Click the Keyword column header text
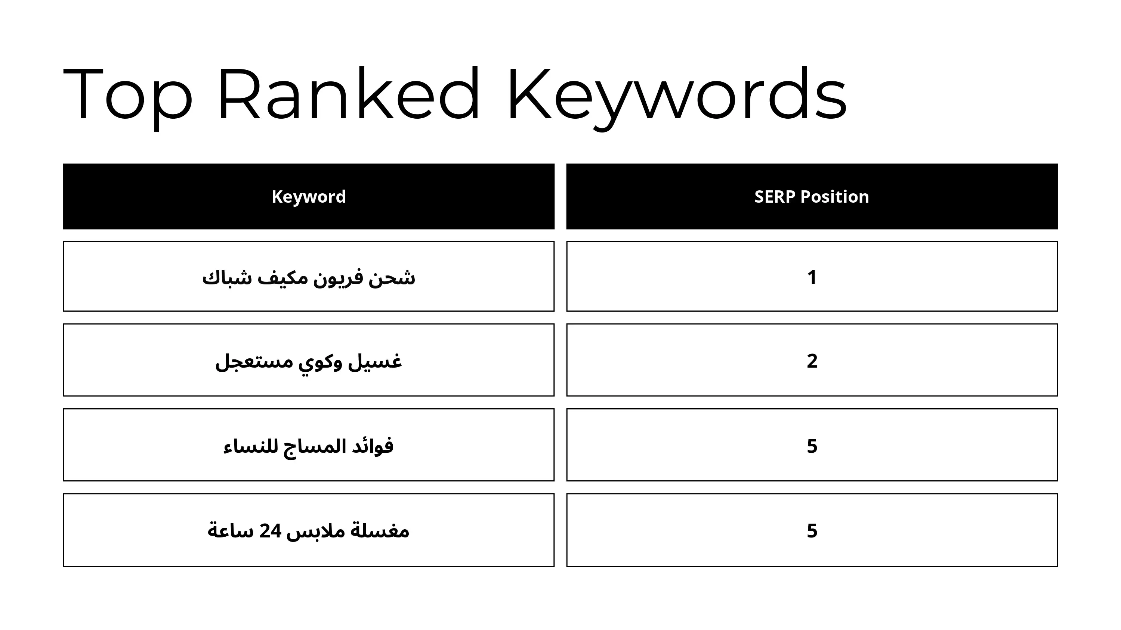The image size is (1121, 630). point(309,197)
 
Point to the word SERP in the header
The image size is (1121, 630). point(774,197)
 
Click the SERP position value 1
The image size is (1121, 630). point(812,277)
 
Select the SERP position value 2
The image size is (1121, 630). point(812,361)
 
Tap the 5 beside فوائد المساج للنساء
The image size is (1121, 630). point(812,446)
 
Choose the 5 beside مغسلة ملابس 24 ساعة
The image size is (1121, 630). point(812,531)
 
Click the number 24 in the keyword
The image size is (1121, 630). point(270,531)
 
